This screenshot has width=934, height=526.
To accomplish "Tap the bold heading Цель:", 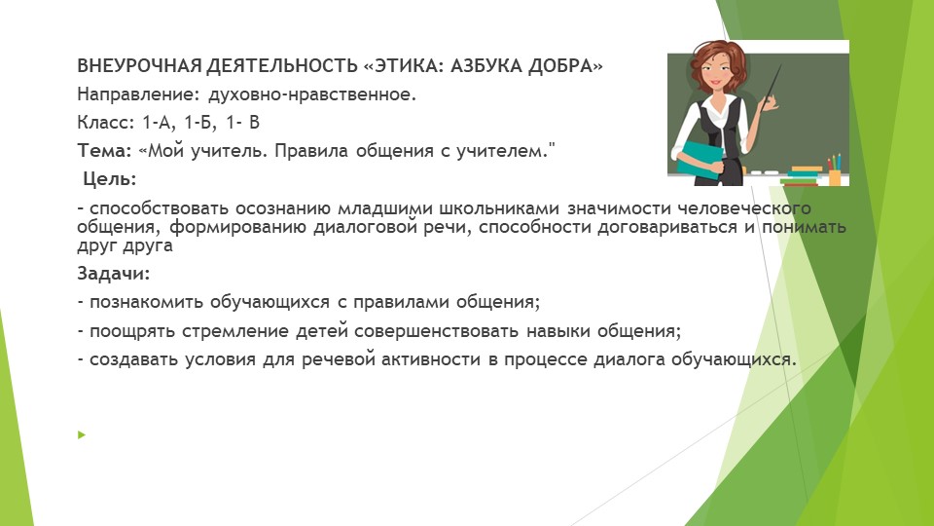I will pos(109,179).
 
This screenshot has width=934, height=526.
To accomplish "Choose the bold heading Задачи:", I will pos(114,275).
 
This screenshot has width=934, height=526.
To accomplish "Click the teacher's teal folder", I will pos(700,157).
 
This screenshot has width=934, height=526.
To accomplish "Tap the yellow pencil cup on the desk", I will pos(834,176).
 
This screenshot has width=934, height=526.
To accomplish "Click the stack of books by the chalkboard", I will pos(803,175).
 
